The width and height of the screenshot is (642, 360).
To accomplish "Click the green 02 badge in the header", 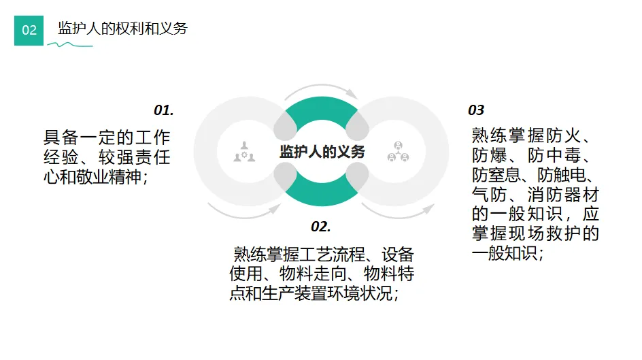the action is pos(29,30).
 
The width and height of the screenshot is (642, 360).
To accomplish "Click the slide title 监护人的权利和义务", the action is pos(122,29).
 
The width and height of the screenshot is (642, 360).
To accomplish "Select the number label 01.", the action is pos(163,110).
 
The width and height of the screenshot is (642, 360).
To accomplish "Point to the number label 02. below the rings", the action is pos(320,226).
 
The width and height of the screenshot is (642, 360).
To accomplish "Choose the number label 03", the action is pos(476,110).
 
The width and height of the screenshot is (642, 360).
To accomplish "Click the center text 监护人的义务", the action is pos(322,151).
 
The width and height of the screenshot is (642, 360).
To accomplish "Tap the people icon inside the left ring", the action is pos(245,151).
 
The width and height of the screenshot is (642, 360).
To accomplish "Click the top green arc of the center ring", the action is pos(321,112).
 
